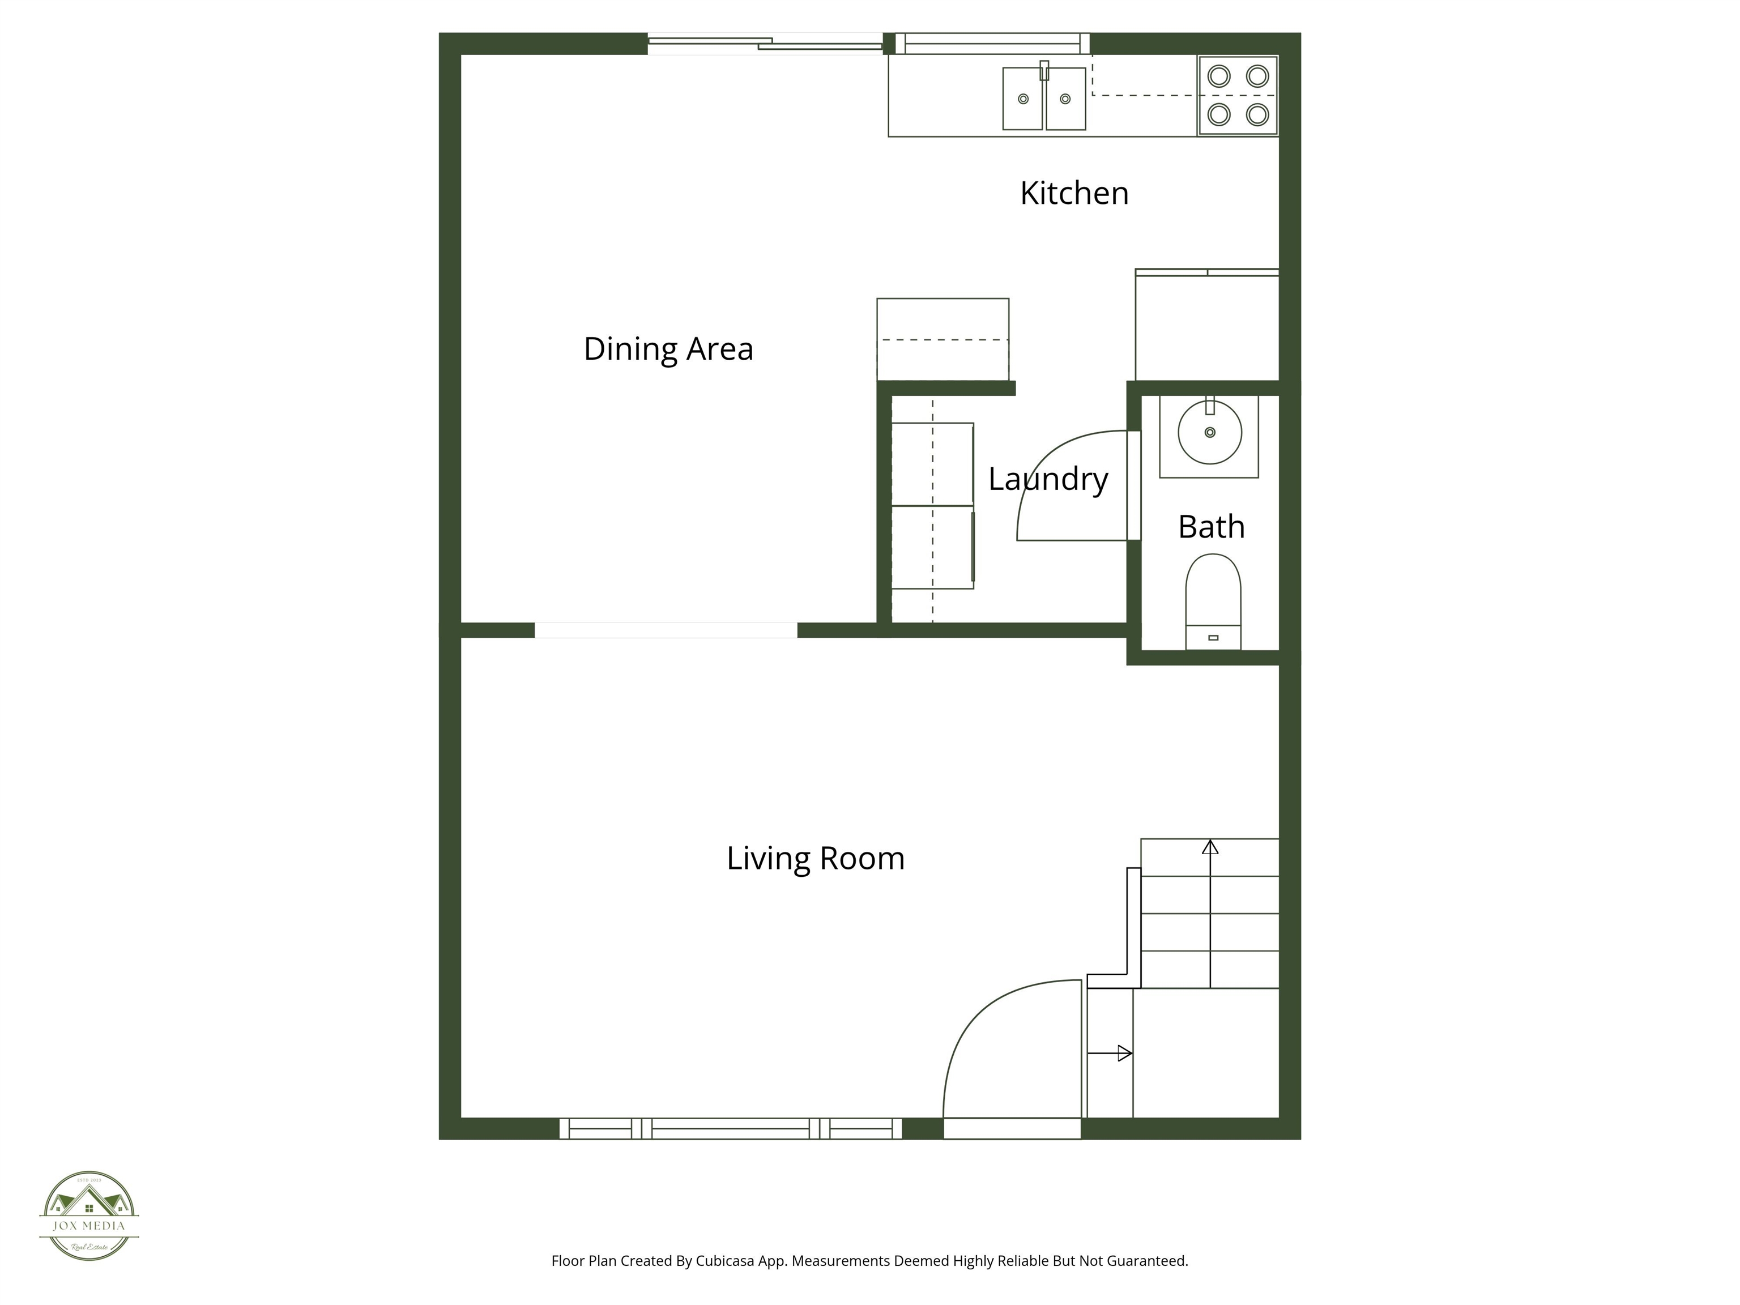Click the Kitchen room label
tap(1074, 194)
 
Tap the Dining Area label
tap(668, 349)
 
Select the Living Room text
tap(815, 858)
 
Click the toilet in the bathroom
tap(1213, 598)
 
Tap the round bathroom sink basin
tap(1210, 433)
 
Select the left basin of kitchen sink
tap(1022, 99)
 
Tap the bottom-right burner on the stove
tap(1257, 115)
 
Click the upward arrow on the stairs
tap(1210, 847)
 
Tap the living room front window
tap(730, 1129)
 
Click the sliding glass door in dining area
tap(765, 44)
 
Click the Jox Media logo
tap(89, 1216)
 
